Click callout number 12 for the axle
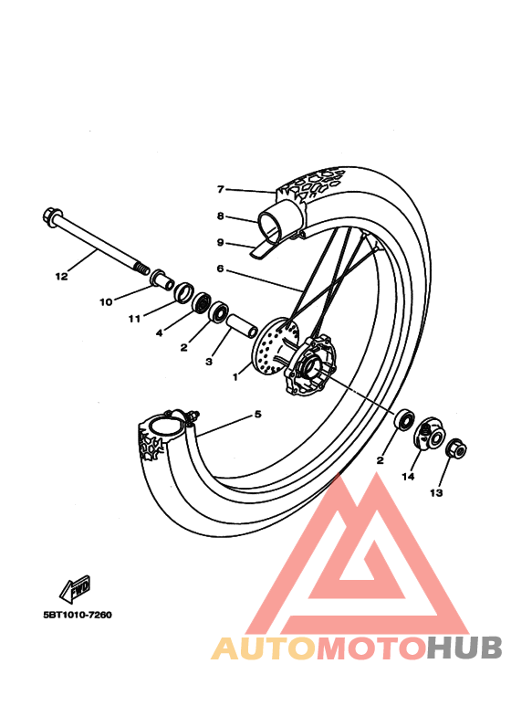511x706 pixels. click(x=61, y=275)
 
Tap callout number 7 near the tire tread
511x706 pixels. click(x=220, y=190)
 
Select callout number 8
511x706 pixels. click(x=220, y=216)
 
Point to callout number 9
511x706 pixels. click(x=220, y=242)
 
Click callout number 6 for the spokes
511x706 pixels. click(x=220, y=269)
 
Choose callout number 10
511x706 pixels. click(x=105, y=301)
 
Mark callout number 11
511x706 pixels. click(x=134, y=319)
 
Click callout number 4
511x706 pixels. click(x=159, y=333)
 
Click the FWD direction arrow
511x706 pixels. click(x=75, y=586)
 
